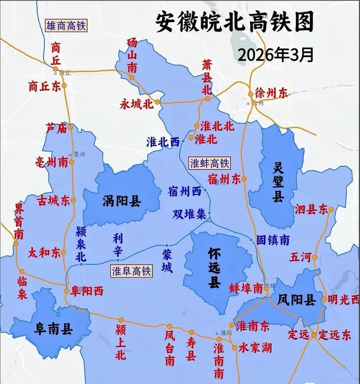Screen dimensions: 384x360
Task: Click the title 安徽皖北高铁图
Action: (235, 22)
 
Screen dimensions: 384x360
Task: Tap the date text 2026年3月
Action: (275, 54)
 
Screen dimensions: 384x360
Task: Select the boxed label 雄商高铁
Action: (66, 26)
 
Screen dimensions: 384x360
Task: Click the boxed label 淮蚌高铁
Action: (209, 163)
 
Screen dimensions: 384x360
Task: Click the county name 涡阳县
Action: (122, 201)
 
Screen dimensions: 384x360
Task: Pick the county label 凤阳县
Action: (296, 299)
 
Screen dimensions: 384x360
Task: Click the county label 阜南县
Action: (54, 329)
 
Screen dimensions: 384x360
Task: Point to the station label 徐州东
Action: (271, 93)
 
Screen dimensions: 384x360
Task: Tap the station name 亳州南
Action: (52, 162)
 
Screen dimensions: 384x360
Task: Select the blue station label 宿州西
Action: (185, 191)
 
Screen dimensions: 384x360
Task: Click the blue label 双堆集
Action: (189, 214)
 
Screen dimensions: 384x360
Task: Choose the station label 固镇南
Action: (273, 240)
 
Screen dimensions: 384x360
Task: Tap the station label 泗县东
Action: (311, 210)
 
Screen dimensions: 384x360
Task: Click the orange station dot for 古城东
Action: (73, 200)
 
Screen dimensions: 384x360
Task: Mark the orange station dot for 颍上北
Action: (121, 320)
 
